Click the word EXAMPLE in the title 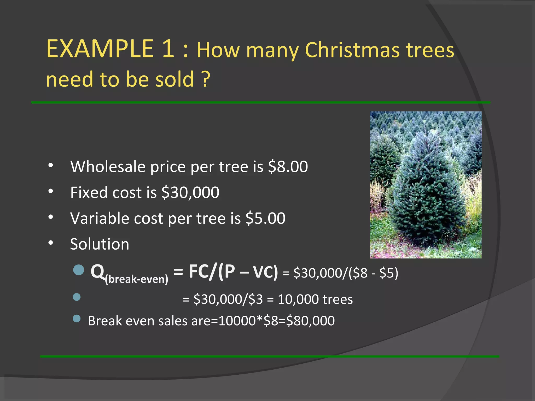[x=100, y=49]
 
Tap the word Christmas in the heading [x=352, y=50]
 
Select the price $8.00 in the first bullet [x=288, y=167]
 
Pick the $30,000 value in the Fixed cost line [x=190, y=192]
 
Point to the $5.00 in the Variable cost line [x=265, y=218]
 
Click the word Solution [x=100, y=244]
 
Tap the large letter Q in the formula [x=97, y=272]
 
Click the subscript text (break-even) [x=136, y=279]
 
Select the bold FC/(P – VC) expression [x=233, y=272]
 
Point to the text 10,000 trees [x=315, y=299]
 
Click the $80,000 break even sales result [x=310, y=321]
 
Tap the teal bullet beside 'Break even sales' [x=77, y=319]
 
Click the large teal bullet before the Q [x=78, y=270]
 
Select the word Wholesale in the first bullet [x=108, y=167]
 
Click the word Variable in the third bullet [x=100, y=218]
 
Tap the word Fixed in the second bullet [x=89, y=192]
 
